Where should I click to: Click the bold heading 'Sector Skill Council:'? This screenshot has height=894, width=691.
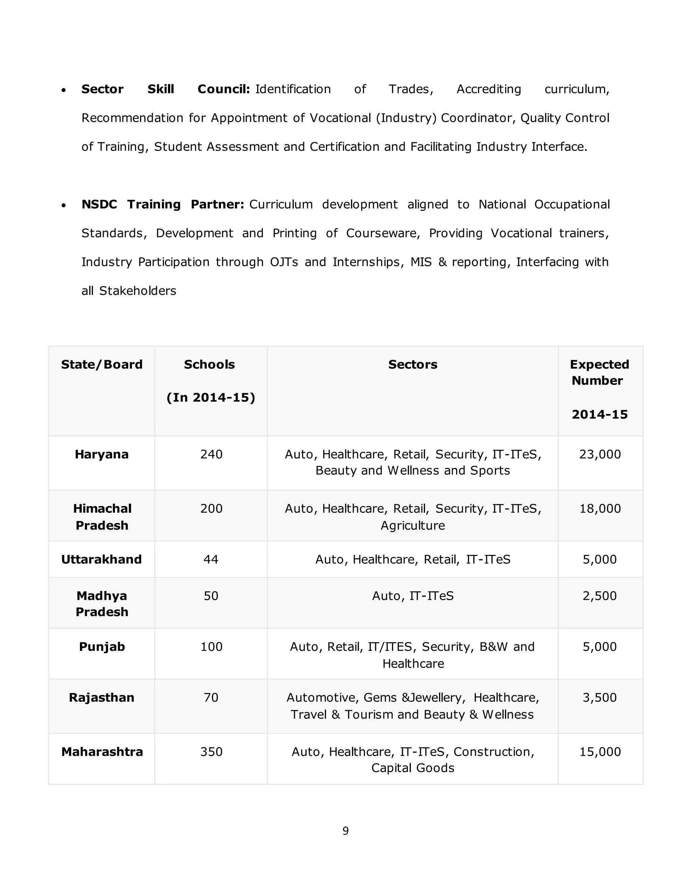pyautogui.click(x=165, y=89)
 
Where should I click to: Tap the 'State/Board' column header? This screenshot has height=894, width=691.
pyautogui.click(x=102, y=364)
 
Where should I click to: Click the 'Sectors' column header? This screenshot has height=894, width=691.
pyautogui.click(x=413, y=364)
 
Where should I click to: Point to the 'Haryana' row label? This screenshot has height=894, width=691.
pyautogui.click(x=102, y=454)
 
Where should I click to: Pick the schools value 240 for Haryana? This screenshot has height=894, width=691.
pyautogui.click(x=211, y=454)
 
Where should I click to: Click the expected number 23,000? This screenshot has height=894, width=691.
pyautogui.click(x=600, y=454)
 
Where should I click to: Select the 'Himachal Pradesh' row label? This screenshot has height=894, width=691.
pyautogui.click(x=102, y=516)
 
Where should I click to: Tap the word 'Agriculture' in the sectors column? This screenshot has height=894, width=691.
pyautogui.click(x=413, y=525)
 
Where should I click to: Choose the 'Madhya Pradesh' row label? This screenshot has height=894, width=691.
pyautogui.click(x=102, y=604)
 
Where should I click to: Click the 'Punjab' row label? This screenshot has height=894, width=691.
pyautogui.click(x=102, y=647)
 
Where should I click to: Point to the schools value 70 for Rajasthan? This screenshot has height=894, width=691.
pyautogui.click(x=211, y=698)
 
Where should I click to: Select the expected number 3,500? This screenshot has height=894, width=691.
pyautogui.click(x=600, y=698)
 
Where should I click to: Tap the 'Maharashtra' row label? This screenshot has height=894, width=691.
pyautogui.click(x=102, y=752)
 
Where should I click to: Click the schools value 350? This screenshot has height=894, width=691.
pyautogui.click(x=211, y=752)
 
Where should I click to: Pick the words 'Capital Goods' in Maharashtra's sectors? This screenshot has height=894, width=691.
pyautogui.click(x=413, y=768)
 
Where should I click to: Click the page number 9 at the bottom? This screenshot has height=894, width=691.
pyautogui.click(x=345, y=831)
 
